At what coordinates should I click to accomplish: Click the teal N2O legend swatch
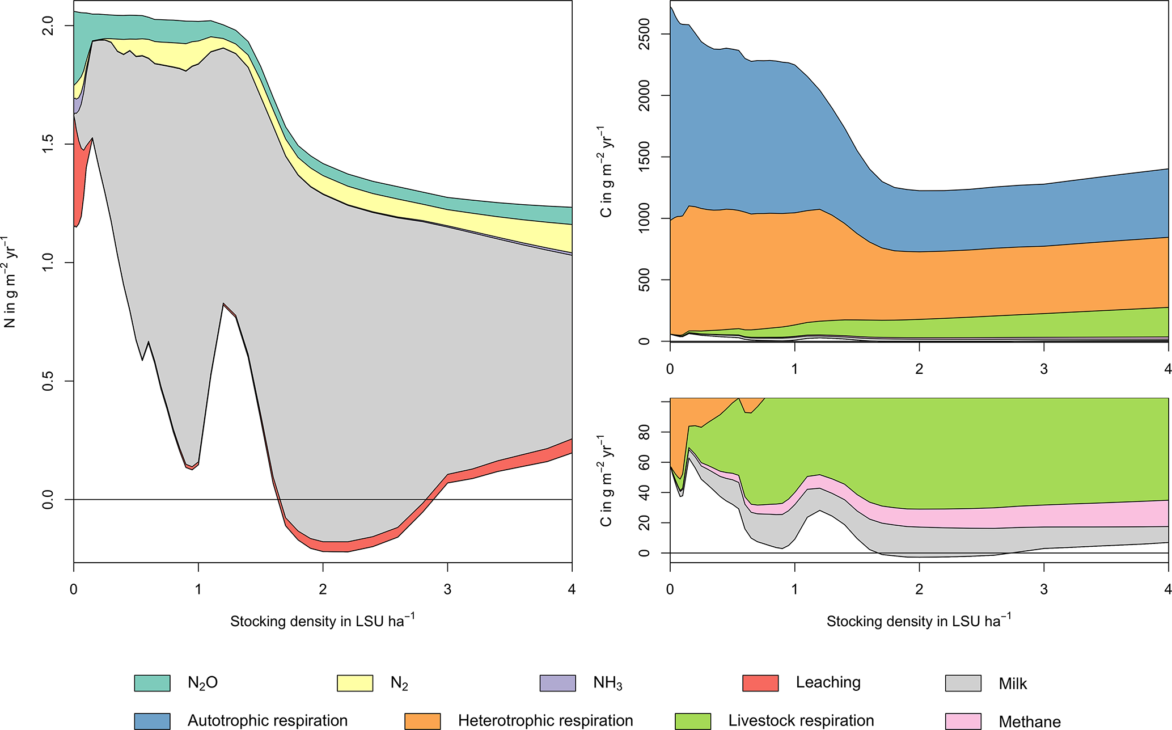pos(152,683)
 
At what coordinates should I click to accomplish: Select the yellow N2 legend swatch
pos(355,683)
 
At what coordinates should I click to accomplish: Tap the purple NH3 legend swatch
pos(557,683)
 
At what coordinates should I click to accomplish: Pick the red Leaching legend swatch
pos(760,683)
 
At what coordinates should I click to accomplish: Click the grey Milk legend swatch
pos(963,683)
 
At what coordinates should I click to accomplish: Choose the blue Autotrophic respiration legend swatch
pos(152,721)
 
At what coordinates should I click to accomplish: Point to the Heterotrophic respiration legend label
pos(545,721)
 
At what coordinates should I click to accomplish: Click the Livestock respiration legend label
pos(801,721)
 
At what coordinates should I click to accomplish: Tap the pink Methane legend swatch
pos(963,721)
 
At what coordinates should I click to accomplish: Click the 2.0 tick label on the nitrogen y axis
pos(49,26)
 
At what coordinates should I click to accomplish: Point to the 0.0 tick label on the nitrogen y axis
pos(49,499)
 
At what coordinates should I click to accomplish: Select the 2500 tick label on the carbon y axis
pos(645,33)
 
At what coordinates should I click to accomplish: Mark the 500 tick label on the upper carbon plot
pos(645,279)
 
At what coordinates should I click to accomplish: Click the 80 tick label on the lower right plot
pos(645,432)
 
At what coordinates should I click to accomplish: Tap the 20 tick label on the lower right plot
pos(645,522)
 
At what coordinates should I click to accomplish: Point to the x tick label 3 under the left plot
pos(447,589)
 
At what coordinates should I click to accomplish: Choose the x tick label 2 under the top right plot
pos(919,369)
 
